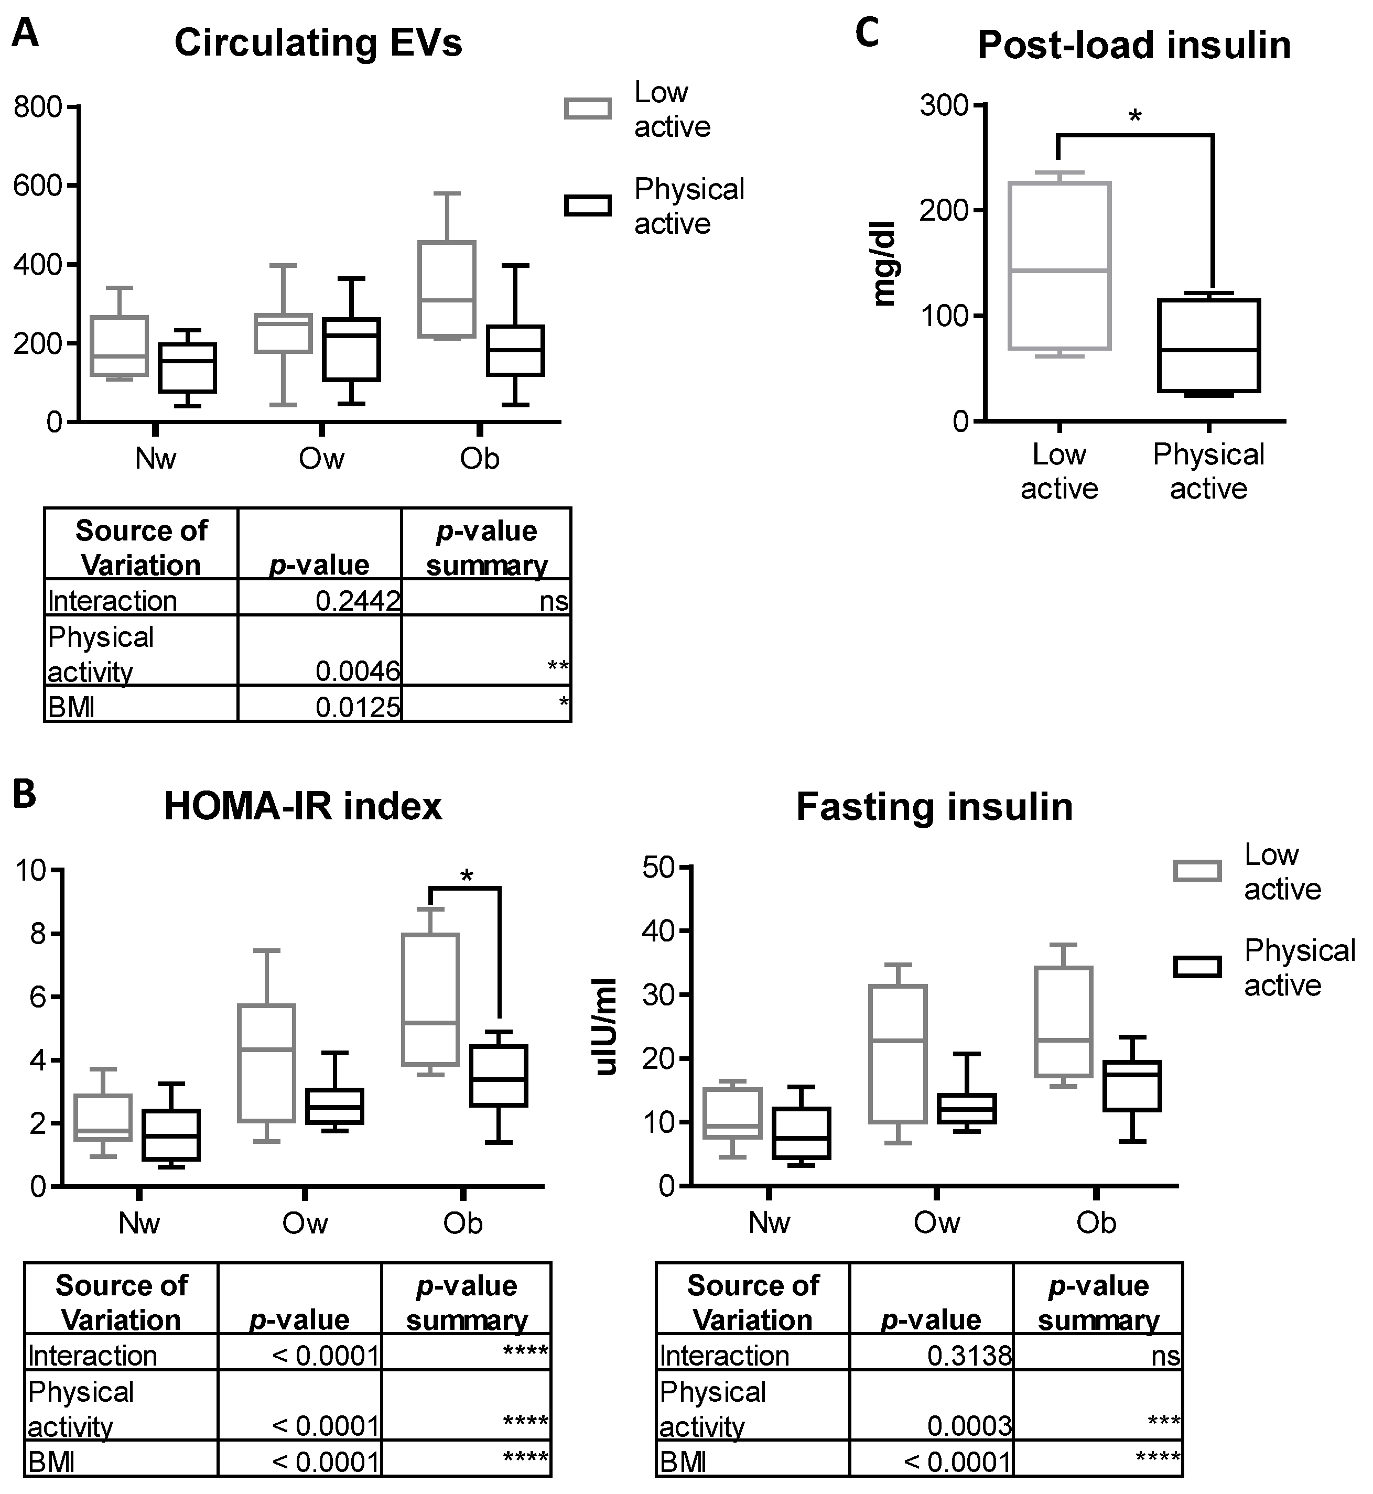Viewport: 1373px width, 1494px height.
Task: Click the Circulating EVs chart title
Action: (318, 43)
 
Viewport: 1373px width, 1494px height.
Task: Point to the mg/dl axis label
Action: (885, 263)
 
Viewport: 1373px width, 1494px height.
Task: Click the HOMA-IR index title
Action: (302, 806)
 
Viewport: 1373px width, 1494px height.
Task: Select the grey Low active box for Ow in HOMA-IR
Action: (267, 1063)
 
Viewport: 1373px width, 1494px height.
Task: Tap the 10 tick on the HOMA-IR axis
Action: (31, 869)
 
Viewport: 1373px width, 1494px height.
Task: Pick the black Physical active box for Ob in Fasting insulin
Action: (1131, 1086)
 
